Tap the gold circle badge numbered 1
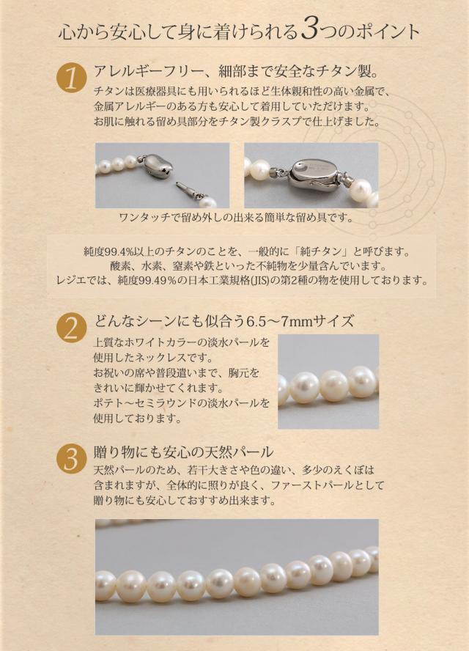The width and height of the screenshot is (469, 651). (x=71, y=78)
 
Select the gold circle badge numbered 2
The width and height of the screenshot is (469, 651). (x=71, y=328)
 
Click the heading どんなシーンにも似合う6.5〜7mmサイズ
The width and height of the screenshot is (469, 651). (x=224, y=320)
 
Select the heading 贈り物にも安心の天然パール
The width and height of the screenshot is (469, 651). (x=184, y=452)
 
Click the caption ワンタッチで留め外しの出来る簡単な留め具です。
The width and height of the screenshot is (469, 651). (x=235, y=218)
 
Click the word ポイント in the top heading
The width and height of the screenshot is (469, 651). (x=380, y=32)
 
